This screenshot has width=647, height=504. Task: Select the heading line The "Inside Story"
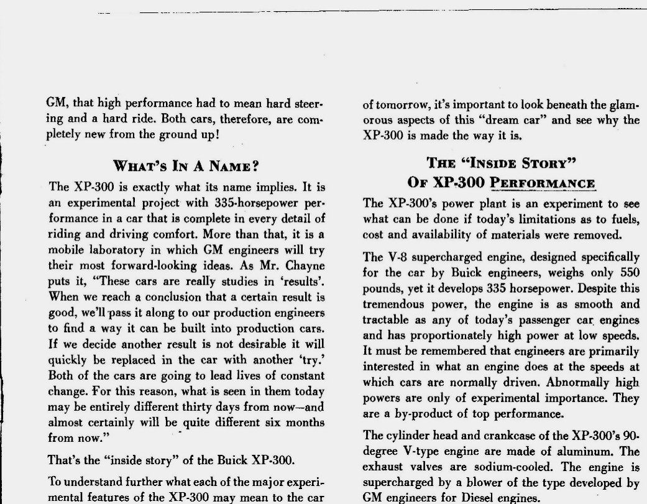pyautogui.click(x=502, y=163)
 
